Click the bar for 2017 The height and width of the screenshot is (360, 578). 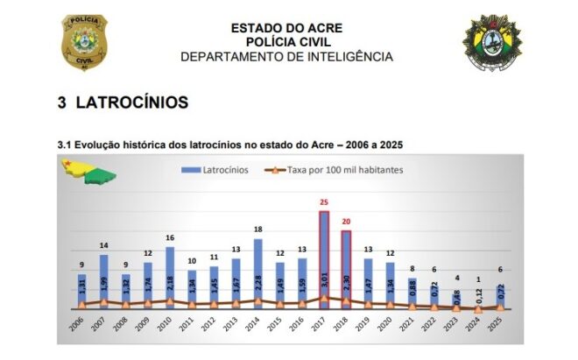tap(323, 258)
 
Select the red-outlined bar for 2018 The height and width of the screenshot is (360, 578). tap(345, 268)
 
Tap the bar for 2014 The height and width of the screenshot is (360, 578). tap(257, 272)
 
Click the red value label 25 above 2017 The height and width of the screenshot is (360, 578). tap(323, 201)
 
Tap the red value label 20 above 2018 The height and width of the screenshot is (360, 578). tap(345, 221)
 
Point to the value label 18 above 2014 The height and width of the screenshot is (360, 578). tap(257, 229)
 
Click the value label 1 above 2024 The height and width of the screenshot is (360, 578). tap(477, 280)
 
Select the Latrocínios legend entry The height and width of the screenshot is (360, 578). tap(215, 169)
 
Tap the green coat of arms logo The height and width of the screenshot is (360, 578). tap(493, 41)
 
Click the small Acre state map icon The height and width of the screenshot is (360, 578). tap(90, 172)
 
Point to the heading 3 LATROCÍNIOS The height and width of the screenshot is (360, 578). tap(123, 103)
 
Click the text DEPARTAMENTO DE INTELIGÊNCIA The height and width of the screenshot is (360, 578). tap(286, 57)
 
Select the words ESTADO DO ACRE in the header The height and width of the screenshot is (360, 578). tap(286, 28)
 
